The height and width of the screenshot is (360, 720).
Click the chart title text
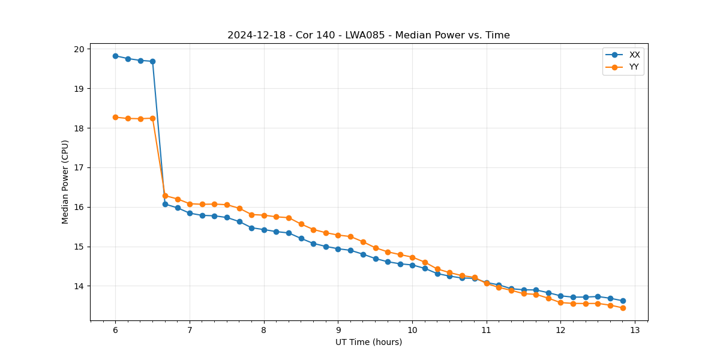coord(368,35)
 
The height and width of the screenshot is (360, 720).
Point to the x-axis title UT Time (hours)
coord(368,342)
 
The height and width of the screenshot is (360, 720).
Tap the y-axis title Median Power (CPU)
coord(65,182)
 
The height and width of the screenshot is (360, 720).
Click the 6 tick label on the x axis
coord(115,330)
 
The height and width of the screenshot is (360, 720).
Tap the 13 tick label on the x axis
coord(635,330)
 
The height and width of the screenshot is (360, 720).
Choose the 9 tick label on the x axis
coord(338,330)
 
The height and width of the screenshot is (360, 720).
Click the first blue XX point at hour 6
coord(115,56)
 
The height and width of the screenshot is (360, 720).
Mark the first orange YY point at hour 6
coord(115,117)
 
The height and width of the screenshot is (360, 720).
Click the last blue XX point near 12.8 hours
coord(623,301)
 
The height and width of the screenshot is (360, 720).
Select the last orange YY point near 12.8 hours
coord(623,308)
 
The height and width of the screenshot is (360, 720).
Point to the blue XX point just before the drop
coord(152,61)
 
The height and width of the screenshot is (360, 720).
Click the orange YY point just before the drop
coord(152,118)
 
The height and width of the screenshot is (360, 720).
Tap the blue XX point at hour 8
coord(264,230)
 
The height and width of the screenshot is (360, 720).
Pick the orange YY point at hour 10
coord(412,257)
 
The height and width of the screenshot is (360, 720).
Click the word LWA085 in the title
coord(367,35)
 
